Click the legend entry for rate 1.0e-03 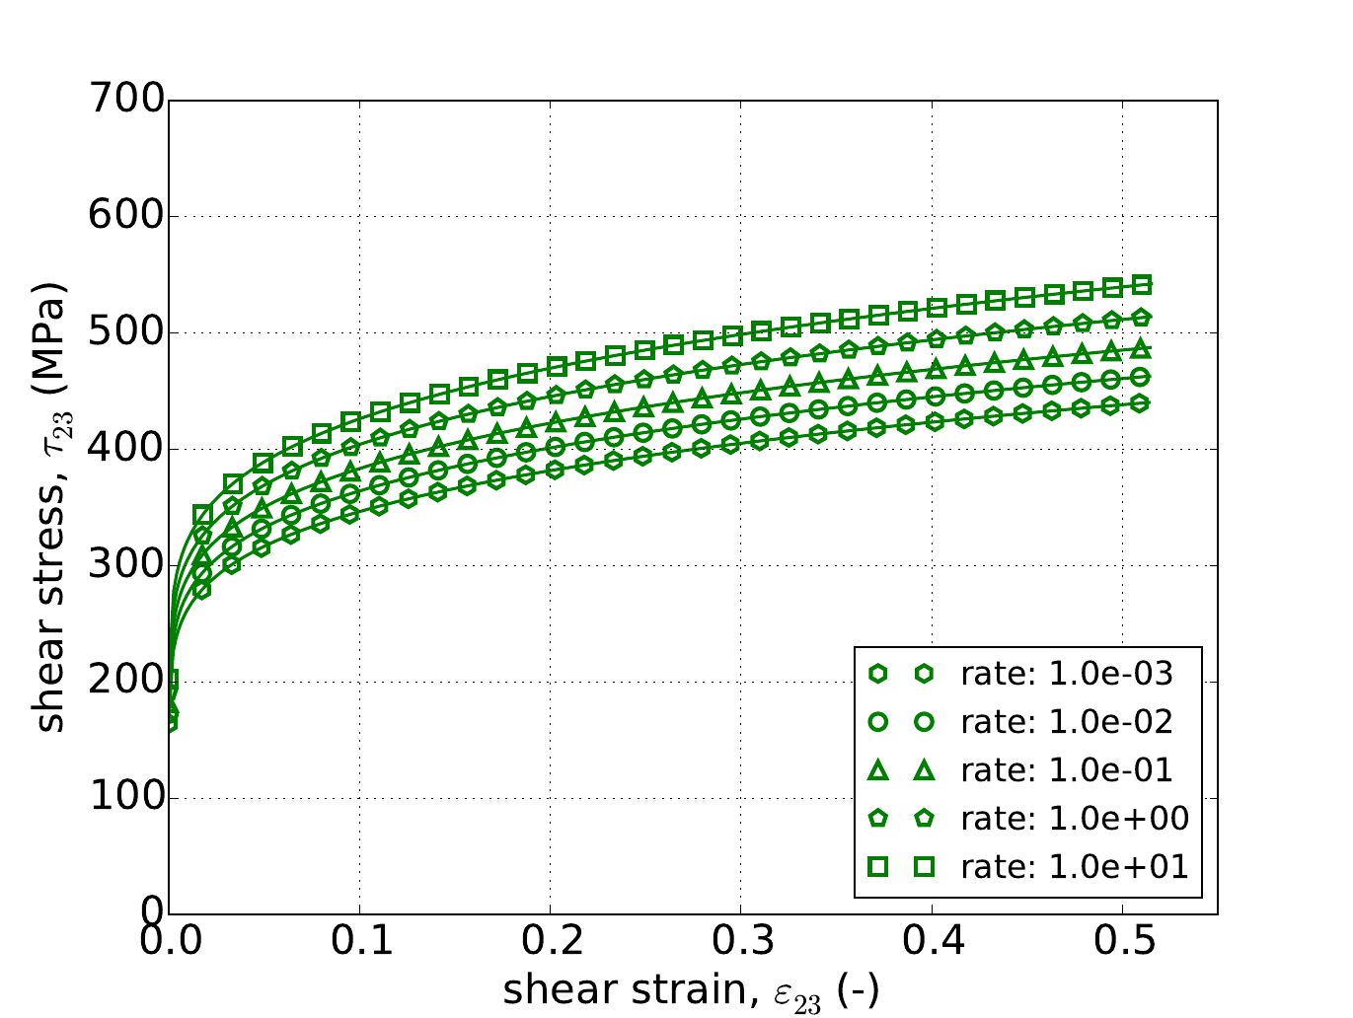1067,674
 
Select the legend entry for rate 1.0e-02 1067,722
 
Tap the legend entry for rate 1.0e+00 1075,818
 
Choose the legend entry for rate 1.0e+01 1075,866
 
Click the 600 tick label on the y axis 124,216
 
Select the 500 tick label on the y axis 124,332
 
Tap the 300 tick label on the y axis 124,565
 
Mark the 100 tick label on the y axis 124,798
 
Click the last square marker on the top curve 1143,285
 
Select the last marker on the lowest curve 1141,402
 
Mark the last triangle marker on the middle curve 1142,348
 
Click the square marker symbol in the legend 876,866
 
